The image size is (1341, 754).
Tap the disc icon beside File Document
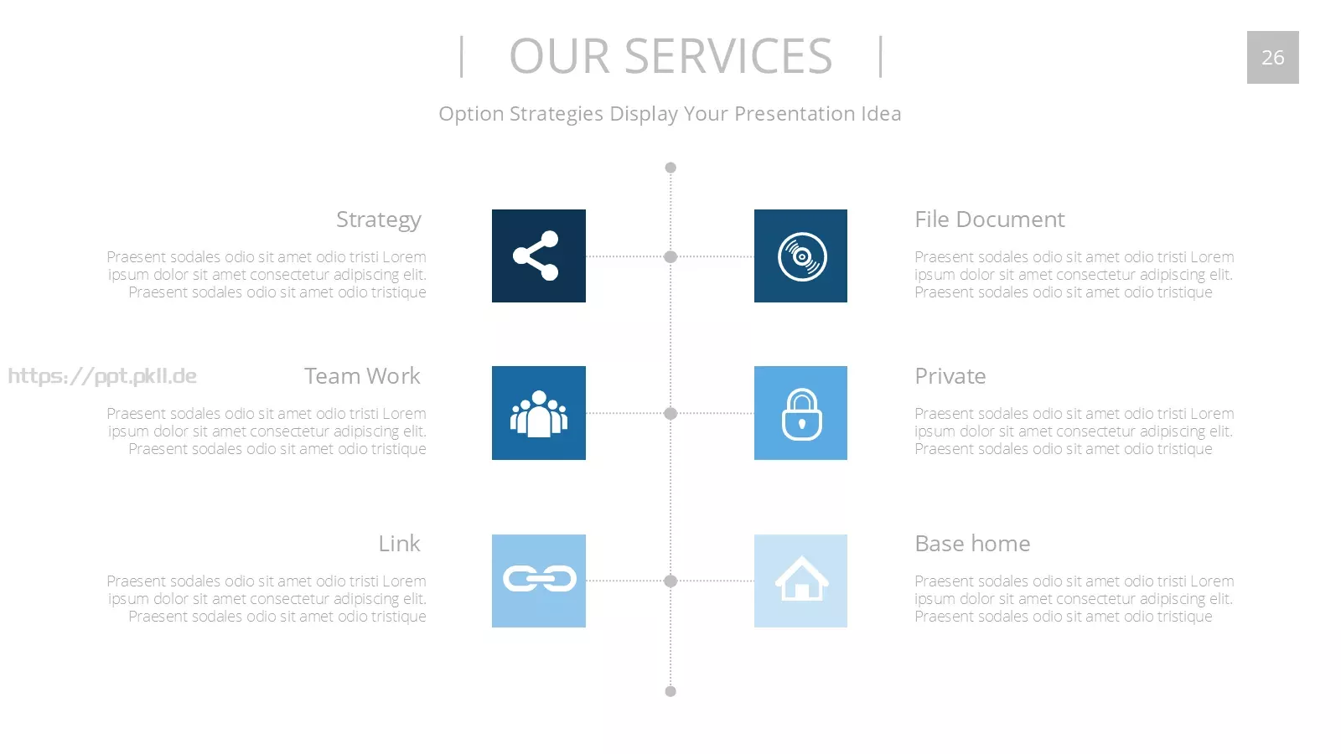pos(801,256)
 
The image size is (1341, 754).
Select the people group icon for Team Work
pos(538,414)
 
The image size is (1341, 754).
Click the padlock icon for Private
pos(801,414)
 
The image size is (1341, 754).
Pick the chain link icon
pos(540,579)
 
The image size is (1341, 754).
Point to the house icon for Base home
pos(801,578)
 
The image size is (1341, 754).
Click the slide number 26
pos(1273,58)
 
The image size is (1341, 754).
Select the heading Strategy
pos(378,219)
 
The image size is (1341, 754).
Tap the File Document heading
pos(990,219)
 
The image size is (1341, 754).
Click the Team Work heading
pos(362,376)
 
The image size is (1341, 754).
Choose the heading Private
pos(950,376)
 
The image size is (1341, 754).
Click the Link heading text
pos(399,544)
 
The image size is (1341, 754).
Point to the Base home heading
pos(972,544)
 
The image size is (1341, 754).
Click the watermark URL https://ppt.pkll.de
pos(102,376)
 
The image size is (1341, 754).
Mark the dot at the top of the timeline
pos(670,168)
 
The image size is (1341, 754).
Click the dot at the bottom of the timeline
pos(670,691)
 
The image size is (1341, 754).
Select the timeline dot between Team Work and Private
pos(670,414)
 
